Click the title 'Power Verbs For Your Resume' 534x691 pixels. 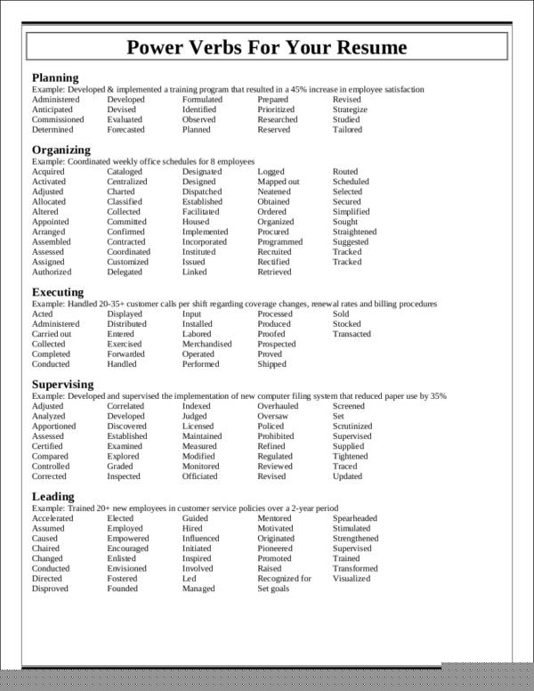click(x=267, y=47)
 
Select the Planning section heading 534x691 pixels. click(x=55, y=77)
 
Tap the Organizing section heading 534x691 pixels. click(x=61, y=150)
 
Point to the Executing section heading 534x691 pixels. click(x=58, y=292)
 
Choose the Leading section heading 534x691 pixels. click(x=53, y=496)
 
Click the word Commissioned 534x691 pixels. click(x=58, y=119)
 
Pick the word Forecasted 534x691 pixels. click(x=125, y=130)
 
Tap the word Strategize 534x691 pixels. click(x=350, y=110)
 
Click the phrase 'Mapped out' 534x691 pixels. click(x=279, y=182)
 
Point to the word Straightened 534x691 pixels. click(x=354, y=232)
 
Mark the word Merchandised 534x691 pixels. click(x=207, y=344)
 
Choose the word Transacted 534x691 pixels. click(x=352, y=334)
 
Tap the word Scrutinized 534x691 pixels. click(x=354, y=427)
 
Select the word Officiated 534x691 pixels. click(x=200, y=476)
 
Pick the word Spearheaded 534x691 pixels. click(x=355, y=518)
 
